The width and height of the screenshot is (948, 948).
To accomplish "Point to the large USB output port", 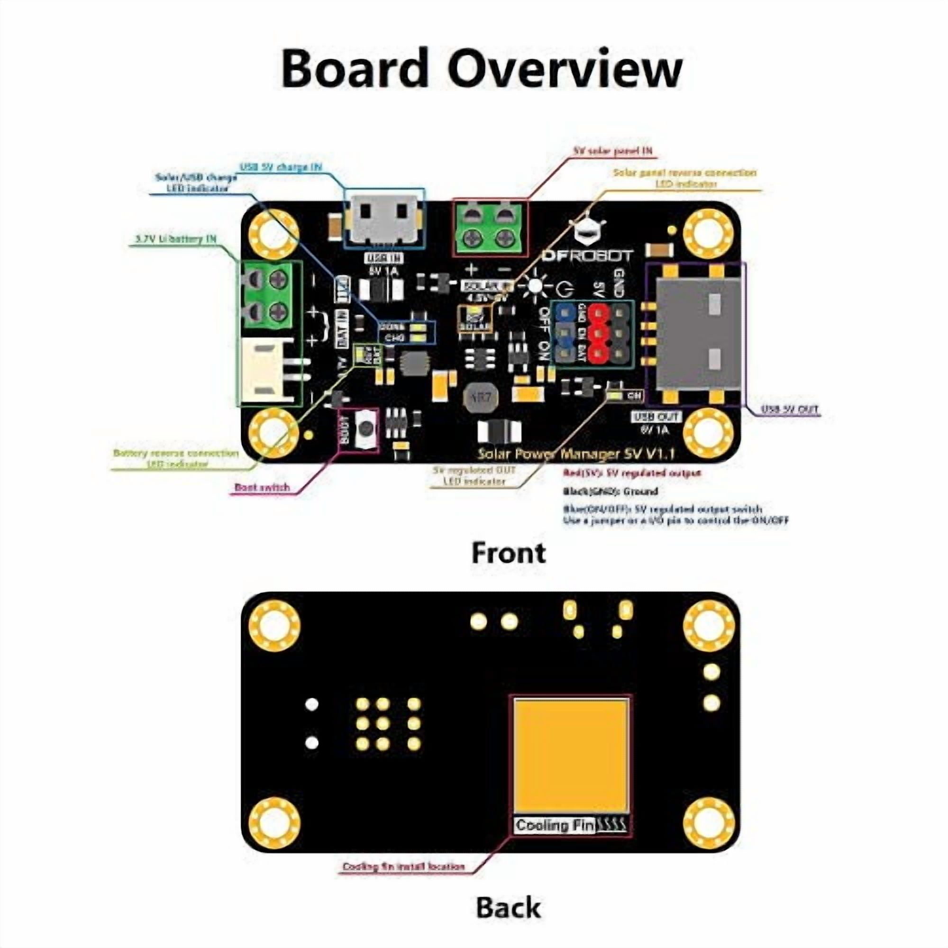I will [x=697, y=333].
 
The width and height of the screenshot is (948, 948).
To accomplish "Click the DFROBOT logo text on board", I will [x=587, y=256].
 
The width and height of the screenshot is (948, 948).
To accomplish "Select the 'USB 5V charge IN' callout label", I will [x=281, y=167].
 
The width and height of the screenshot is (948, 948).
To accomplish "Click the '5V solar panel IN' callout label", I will [x=613, y=151].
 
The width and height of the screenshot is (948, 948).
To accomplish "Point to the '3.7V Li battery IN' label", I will [x=175, y=239].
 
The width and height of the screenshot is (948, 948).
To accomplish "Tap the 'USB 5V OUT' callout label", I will [x=790, y=409].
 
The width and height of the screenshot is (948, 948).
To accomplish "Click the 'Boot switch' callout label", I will [x=262, y=487].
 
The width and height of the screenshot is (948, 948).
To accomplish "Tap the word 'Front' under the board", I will [x=508, y=553].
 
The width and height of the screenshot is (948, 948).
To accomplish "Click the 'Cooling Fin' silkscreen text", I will [x=555, y=825].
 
